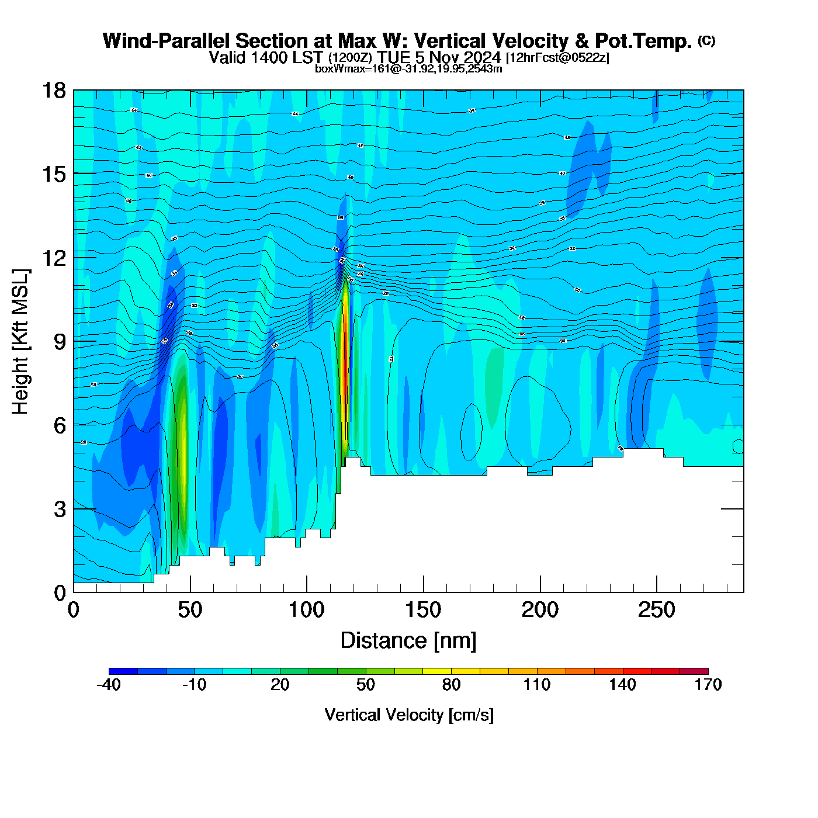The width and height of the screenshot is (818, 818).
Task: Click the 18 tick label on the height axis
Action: (x=53, y=91)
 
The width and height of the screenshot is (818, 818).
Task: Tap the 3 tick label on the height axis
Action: (x=60, y=509)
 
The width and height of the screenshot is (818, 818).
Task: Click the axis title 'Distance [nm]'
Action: (x=408, y=641)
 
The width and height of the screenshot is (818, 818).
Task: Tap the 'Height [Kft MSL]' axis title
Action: (x=20, y=342)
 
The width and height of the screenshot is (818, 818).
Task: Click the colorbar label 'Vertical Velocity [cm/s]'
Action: (x=409, y=715)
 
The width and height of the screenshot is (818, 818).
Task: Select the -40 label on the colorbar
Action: (x=109, y=685)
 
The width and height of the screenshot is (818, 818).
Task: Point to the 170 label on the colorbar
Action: (x=708, y=685)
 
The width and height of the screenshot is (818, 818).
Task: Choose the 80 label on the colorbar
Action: (x=451, y=685)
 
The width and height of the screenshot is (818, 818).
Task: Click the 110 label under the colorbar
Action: (x=537, y=685)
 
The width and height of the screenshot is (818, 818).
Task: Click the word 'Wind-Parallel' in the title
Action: (x=167, y=41)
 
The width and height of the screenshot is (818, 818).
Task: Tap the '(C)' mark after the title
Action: (x=706, y=40)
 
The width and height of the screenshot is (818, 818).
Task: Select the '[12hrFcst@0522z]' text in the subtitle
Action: (x=557, y=58)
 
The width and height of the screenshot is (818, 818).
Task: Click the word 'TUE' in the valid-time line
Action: (x=393, y=57)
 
